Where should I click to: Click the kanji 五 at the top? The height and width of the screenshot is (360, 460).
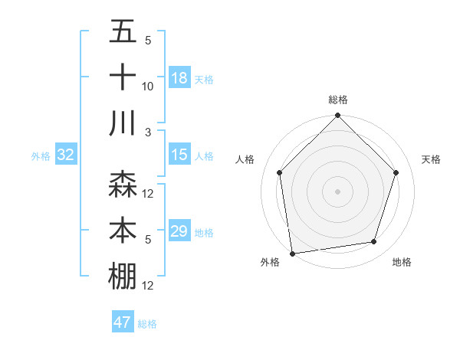point(123,32)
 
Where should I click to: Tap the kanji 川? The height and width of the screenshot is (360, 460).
point(123,123)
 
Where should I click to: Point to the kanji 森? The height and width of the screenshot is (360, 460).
point(123,185)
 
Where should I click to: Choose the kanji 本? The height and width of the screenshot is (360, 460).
point(123,231)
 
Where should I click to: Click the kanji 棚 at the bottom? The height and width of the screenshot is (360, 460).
point(123,277)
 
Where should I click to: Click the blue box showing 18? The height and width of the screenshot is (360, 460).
point(179,78)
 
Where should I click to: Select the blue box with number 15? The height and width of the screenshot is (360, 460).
point(179,155)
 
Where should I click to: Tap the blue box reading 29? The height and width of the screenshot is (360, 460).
point(179,231)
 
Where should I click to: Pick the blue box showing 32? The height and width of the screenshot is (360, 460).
point(65,155)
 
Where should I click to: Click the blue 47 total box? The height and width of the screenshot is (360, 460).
point(123,322)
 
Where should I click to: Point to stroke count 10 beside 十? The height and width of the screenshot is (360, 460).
point(148,87)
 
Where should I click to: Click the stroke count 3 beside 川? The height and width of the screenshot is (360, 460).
point(148,133)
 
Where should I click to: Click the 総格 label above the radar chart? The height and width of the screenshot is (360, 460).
point(337,100)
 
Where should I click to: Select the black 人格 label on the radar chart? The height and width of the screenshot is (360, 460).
point(245,159)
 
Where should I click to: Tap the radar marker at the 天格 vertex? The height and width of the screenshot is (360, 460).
point(396,172)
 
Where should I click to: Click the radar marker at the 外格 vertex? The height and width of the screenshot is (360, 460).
point(292,253)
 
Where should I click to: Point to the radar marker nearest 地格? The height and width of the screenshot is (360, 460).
point(373,242)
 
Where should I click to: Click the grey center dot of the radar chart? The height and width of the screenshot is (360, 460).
point(337,191)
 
